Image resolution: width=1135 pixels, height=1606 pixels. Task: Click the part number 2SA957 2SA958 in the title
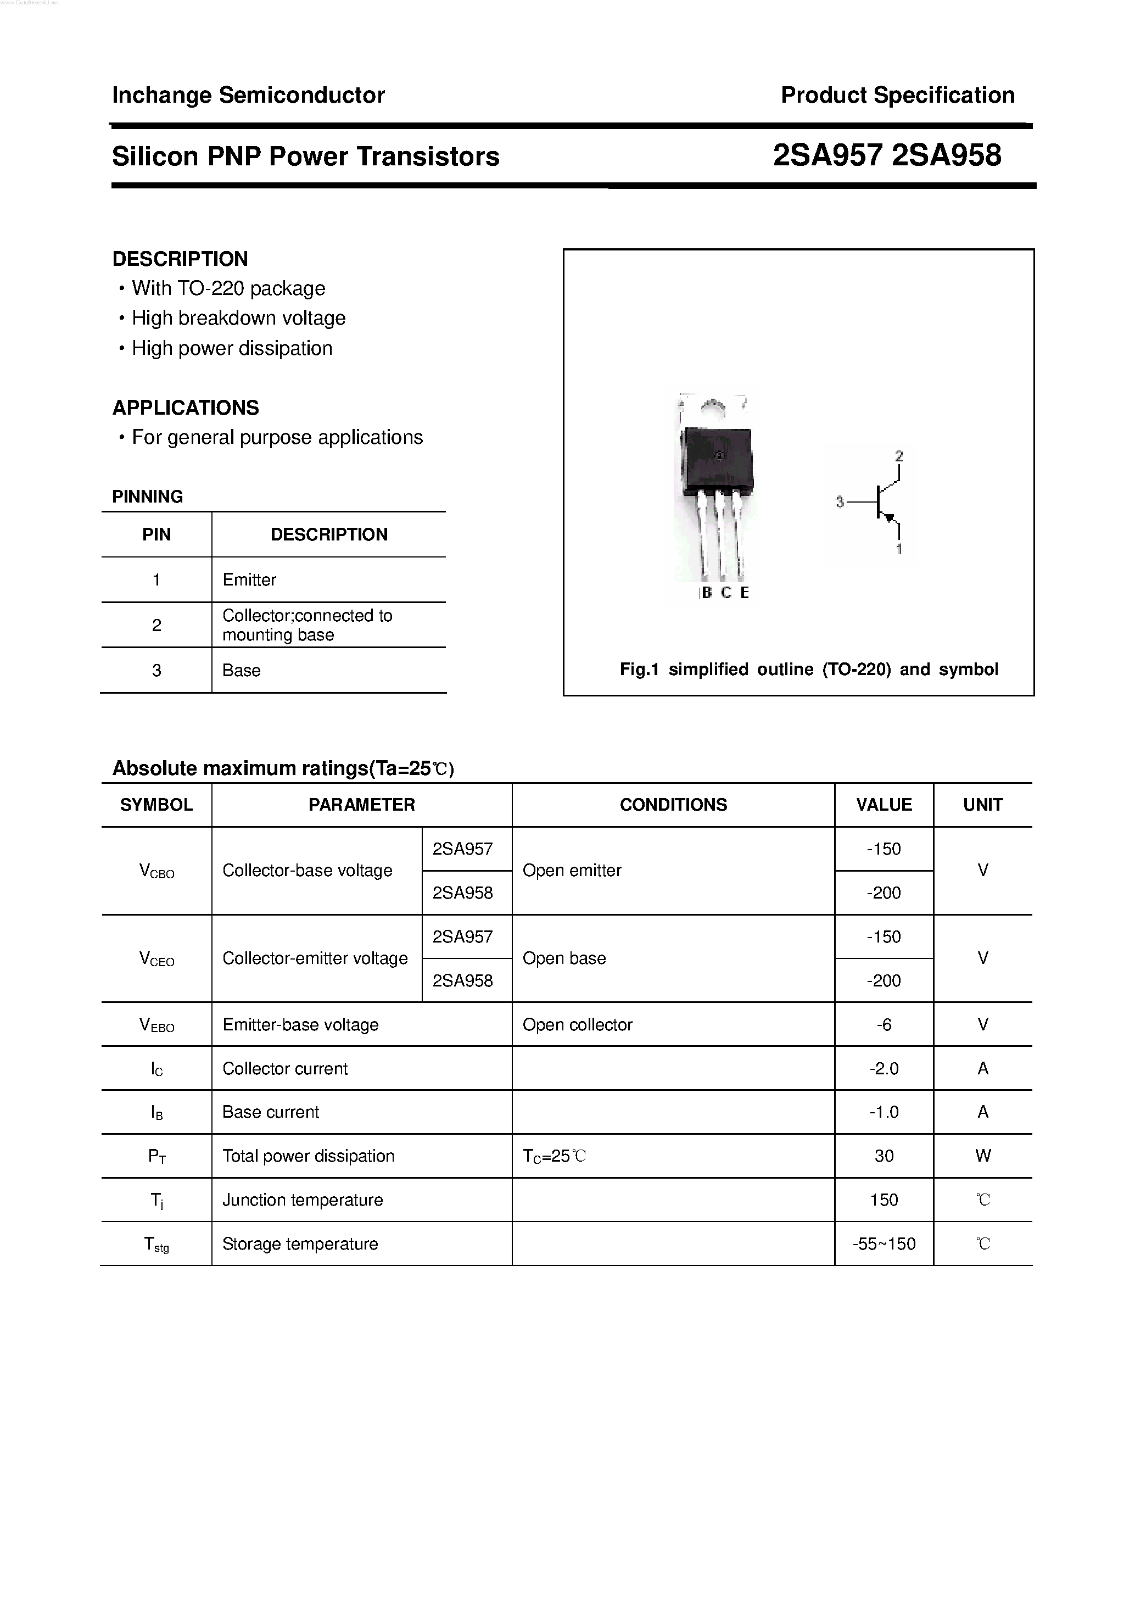coord(887,155)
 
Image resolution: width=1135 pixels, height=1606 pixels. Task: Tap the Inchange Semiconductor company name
coord(248,95)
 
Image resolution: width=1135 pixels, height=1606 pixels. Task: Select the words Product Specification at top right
coord(897,95)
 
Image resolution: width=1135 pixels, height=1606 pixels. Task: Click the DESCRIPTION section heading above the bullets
coord(180,259)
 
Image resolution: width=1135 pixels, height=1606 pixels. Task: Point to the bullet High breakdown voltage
coord(238,318)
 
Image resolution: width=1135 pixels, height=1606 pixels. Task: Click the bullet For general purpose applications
coord(277,437)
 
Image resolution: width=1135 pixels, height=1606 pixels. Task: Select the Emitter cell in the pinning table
coord(249,580)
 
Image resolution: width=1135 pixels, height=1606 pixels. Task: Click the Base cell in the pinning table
coord(241,670)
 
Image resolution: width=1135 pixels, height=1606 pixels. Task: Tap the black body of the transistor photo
coord(718,458)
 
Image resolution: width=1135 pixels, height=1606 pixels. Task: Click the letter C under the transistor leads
coord(726,593)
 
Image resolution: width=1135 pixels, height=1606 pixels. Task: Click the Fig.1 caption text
coord(808,670)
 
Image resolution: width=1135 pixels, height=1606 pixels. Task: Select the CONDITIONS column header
coord(673,805)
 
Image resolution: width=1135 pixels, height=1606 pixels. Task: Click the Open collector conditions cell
coord(577,1025)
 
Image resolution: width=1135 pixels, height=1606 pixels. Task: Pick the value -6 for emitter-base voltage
coord(884,1025)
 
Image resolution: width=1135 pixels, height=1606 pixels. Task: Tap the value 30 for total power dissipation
coord(884,1156)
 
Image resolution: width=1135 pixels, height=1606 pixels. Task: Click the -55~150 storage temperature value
coord(884,1243)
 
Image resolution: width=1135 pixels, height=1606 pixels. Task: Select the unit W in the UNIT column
coord(982,1156)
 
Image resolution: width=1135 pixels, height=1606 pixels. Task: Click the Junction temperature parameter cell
coord(302,1200)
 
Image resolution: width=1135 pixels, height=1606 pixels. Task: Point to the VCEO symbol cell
coord(156,959)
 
